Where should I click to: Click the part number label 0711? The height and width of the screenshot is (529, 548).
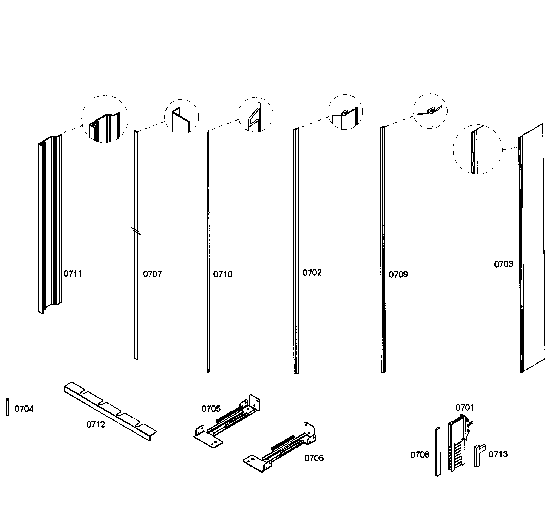pyautogui.click(x=73, y=274)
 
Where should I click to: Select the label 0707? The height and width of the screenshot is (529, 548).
pyautogui.click(x=152, y=274)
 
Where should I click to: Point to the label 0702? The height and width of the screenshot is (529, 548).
pyautogui.click(x=312, y=273)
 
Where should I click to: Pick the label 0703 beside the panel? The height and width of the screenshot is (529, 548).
pyautogui.click(x=503, y=264)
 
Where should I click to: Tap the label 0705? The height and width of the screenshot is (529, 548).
pyautogui.click(x=211, y=409)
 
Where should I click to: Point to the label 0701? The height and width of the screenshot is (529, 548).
pyautogui.click(x=464, y=408)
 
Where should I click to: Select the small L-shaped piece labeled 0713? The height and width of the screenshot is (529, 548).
pyautogui.click(x=479, y=455)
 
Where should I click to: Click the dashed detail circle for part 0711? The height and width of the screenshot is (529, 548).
pyautogui.click(x=105, y=119)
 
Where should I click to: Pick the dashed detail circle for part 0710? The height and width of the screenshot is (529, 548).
pyautogui.click(x=255, y=115)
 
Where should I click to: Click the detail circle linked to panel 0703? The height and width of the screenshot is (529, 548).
pyautogui.click(x=477, y=149)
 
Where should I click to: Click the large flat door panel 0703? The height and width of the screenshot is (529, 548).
pyautogui.click(x=533, y=249)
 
